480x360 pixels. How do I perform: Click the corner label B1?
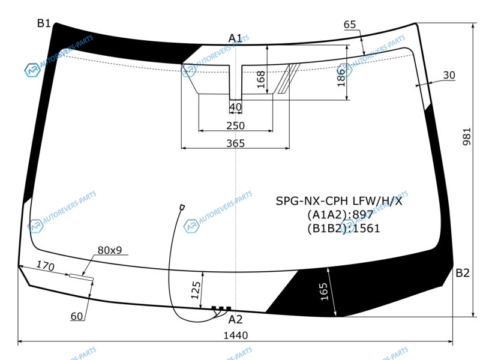pos(44,23)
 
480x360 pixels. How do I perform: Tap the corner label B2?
pos(462,273)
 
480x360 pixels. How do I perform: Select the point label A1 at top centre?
pos(235,38)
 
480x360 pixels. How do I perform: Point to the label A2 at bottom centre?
pos(235,320)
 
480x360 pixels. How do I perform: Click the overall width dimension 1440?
pos(235,335)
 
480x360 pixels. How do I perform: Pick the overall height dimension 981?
pos(467,137)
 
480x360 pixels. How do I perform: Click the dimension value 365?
pos(235,143)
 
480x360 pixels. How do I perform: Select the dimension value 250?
pos(235,125)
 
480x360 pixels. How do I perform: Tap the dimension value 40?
pos(235,107)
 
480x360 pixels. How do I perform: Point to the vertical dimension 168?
pos(260,80)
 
